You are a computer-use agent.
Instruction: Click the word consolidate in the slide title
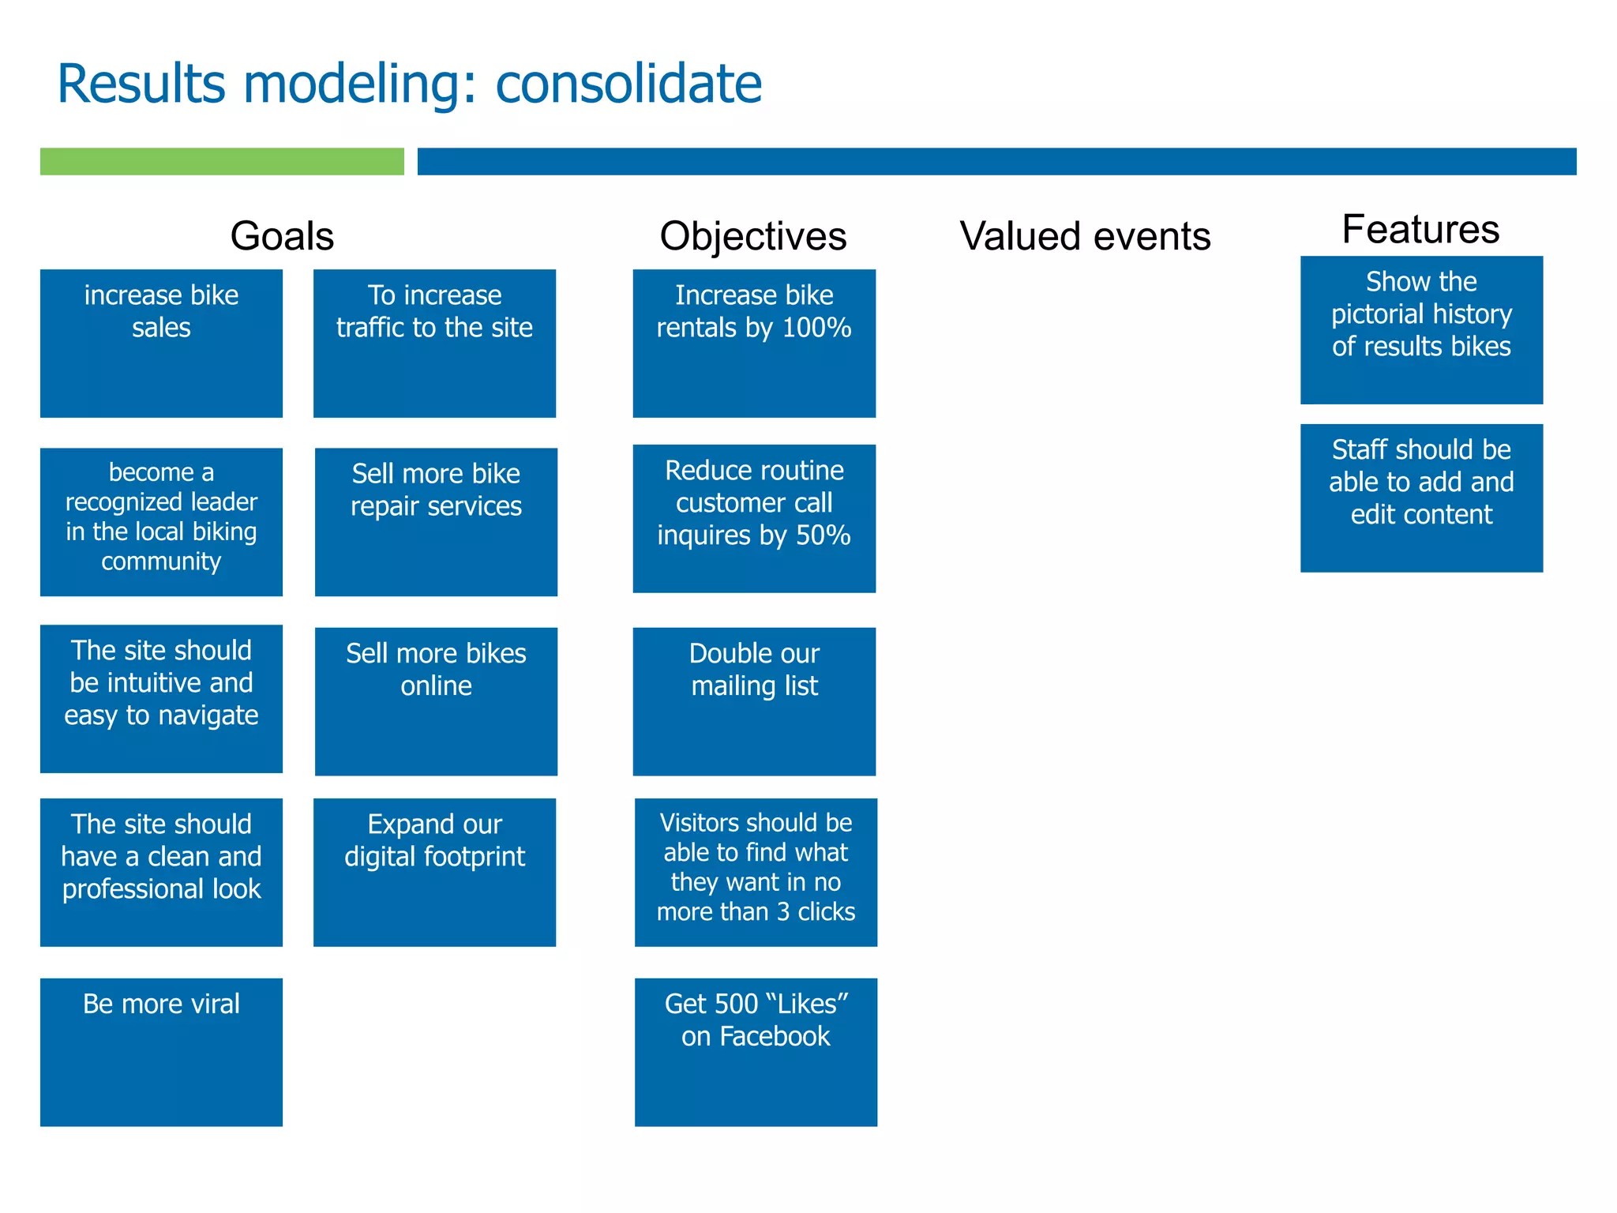pyautogui.click(x=628, y=84)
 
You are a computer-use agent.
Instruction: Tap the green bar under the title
pyautogui.click(x=222, y=161)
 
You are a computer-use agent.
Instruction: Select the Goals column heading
pyautogui.click(x=282, y=236)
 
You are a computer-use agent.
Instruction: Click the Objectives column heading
pyautogui.click(x=752, y=236)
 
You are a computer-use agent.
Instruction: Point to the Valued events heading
pyautogui.click(x=1085, y=236)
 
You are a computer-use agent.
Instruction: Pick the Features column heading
pyautogui.click(x=1420, y=230)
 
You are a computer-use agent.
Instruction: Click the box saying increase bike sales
pyautogui.click(x=161, y=343)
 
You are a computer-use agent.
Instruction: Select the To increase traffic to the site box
pyautogui.click(x=434, y=343)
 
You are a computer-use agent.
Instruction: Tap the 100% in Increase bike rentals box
pyautogui.click(x=816, y=328)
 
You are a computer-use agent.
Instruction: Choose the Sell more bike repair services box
pyautogui.click(x=436, y=521)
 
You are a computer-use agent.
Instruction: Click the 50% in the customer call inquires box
pyautogui.click(x=823, y=535)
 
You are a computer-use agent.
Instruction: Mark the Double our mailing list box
pyautogui.click(x=754, y=700)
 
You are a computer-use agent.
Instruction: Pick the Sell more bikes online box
pyautogui.click(x=436, y=700)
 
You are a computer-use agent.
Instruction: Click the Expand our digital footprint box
pyautogui.click(x=434, y=872)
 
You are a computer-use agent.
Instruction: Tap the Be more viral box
pyautogui.click(x=161, y=1051)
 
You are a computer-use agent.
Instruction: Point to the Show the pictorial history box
pyautogui.click(x=1421, y=329)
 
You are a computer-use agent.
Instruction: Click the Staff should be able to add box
pyautogui.click(x=1421, y=498)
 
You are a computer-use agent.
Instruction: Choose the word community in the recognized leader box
pyautogui.click(x=161, y=561)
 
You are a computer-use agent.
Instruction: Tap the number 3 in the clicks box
pyautogui.click(x=782, y=912)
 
